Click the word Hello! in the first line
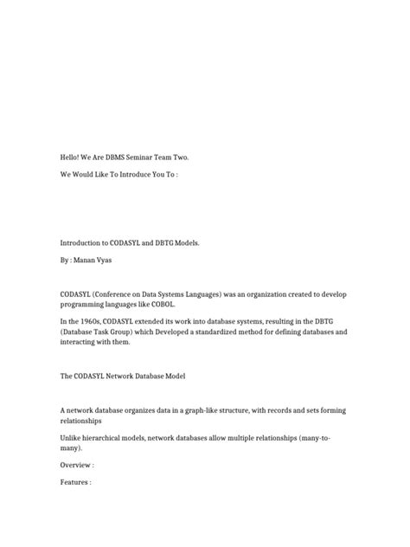pos(71,157)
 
